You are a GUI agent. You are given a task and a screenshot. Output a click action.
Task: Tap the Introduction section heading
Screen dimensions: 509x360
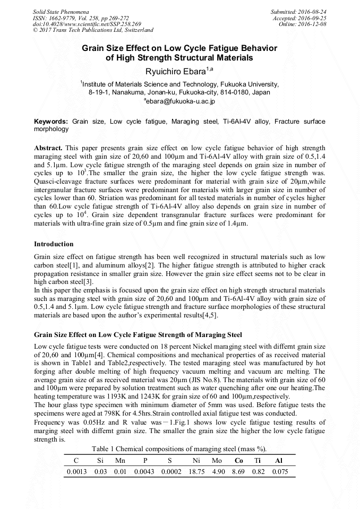54,244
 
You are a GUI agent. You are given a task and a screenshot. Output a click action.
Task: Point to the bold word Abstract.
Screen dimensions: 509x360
48,147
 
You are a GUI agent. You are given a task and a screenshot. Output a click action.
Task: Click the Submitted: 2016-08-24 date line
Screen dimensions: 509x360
298,11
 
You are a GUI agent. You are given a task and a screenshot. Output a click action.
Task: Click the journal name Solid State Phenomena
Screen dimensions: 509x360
61,11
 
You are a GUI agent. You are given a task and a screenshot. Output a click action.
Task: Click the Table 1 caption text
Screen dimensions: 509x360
179,449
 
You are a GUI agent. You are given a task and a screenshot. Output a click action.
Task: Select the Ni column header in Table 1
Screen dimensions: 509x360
196,460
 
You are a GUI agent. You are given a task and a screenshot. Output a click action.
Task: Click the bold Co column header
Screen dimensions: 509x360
238,460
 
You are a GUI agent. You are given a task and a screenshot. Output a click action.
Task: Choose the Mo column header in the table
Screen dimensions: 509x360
217,460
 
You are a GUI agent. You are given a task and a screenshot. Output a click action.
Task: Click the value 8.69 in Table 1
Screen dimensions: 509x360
238,471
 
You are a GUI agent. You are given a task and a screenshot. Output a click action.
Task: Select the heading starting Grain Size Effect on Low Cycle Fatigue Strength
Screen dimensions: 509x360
138,335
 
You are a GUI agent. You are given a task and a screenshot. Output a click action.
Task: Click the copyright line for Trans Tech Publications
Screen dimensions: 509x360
93,30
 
